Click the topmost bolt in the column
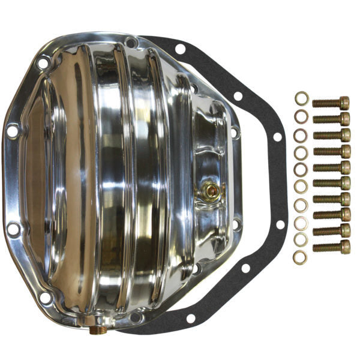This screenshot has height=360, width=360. click(331, 103)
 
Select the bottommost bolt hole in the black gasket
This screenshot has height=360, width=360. click(191, 318)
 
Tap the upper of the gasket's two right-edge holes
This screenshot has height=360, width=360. click(277, 137)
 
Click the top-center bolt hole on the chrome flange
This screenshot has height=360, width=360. click(130, 41)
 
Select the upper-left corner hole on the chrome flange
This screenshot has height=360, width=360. click(43, 62)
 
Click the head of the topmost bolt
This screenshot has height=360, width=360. click(344, 103)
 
